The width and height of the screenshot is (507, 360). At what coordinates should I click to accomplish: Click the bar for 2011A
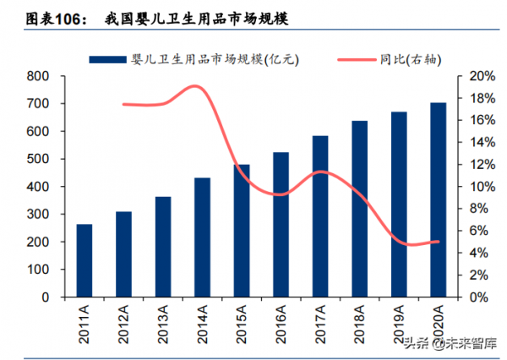click(84, 261)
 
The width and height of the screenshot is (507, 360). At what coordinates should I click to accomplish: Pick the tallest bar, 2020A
click(439, 200)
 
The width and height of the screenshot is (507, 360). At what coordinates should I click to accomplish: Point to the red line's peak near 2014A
click(196, 86)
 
